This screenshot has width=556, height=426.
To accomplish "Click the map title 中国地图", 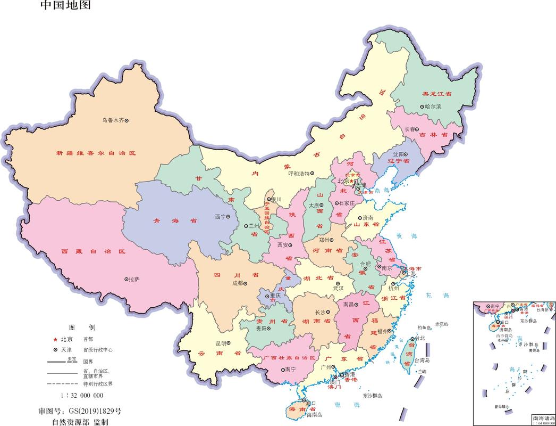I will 65,6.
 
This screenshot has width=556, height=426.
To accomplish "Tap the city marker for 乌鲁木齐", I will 127,120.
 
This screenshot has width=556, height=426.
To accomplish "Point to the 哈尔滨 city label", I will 433,106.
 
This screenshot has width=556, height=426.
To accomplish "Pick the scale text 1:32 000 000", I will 82,395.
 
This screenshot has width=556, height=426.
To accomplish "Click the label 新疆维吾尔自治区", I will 96,153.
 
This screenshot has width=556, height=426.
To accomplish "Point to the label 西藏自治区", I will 92,251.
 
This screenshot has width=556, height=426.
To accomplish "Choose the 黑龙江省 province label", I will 436,94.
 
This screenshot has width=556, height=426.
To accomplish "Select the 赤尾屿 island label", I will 442,324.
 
